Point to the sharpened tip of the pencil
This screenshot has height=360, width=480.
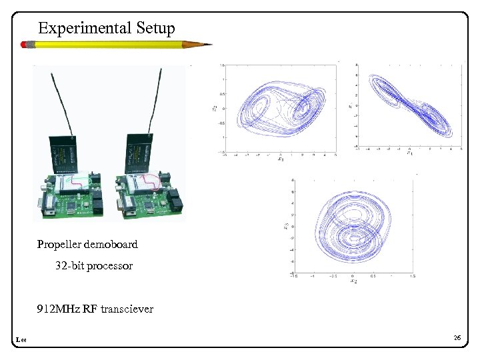coord(209,45)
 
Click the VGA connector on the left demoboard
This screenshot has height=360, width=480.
coord(47,207)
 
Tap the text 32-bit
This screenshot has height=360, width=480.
coord(69,266)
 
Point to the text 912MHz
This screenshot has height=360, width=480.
coord(59,309)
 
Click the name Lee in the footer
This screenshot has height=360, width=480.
coord(20,341)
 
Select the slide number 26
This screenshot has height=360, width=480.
coord(457,339)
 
